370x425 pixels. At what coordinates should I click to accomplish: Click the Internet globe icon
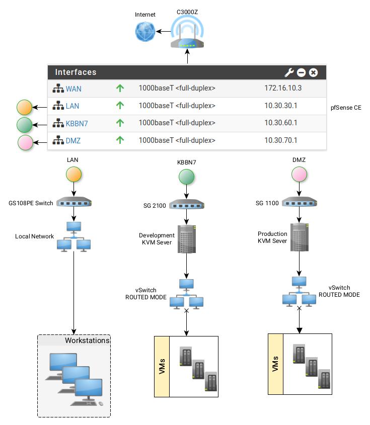coord(145,32)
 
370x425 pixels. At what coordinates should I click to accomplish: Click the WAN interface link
coord(73,89)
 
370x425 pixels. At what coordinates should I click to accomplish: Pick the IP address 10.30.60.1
coord(281,123)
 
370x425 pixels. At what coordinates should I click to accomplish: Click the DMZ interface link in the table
coord(73,141)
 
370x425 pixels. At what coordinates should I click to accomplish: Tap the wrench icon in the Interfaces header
coord(289,72)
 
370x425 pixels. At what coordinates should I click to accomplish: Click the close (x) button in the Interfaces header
coord(313,72)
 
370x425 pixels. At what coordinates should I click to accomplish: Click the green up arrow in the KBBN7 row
coord(120,123)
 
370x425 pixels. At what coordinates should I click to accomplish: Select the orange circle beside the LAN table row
coord(24,108)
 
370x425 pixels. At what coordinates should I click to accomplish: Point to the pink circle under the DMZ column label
coord(300,176)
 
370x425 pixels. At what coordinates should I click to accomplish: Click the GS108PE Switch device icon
coord(75,203)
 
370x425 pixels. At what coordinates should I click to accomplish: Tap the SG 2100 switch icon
coord(186,204)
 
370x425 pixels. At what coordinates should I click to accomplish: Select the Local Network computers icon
coord(74,237)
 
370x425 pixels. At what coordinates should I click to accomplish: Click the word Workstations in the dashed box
coord(87,341)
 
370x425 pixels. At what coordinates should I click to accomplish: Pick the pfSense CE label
coord(346,108)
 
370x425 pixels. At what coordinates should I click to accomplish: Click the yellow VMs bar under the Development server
coord(162,367)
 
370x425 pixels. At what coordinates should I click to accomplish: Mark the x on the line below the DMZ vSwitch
coord(300,308)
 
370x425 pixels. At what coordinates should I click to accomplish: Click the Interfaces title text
coord(76,72)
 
